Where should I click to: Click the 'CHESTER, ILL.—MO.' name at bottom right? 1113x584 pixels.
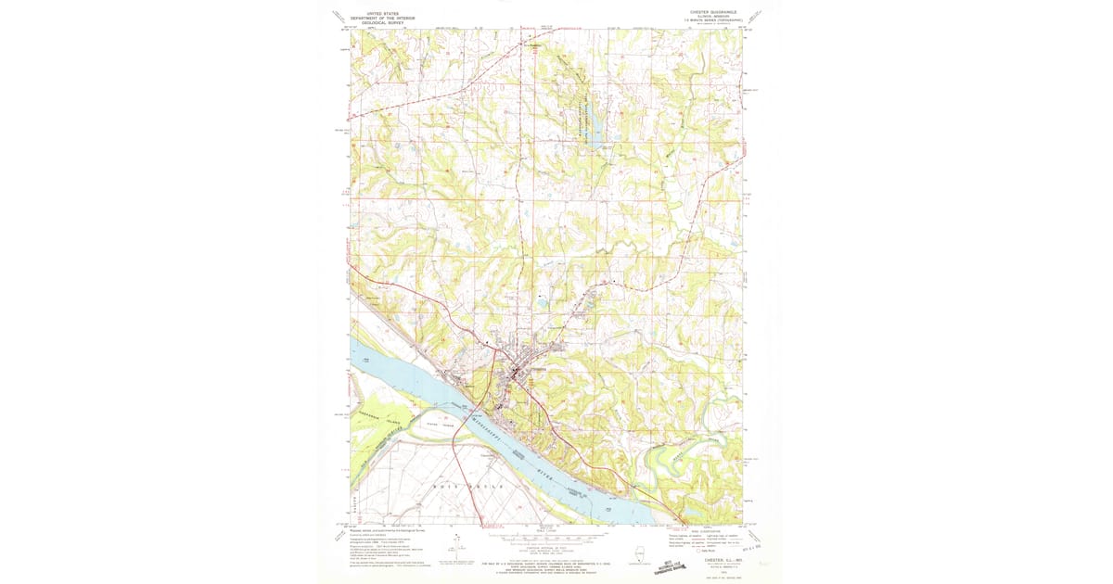point(709,559)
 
